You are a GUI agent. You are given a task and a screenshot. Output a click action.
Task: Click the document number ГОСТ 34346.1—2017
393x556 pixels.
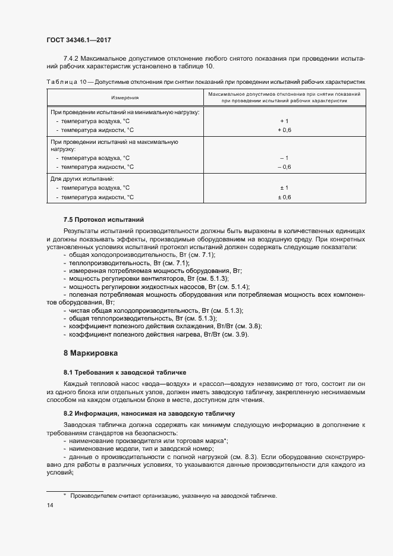tap(78, 40)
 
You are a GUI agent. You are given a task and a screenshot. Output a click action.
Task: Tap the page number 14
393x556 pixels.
tap(49, 505)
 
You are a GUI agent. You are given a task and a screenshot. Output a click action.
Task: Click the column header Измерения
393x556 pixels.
tap(125, 98)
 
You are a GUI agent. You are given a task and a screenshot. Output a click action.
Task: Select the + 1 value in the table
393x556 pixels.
tap(284, 121)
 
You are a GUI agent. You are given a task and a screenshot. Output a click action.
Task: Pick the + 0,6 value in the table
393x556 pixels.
tap(284, 130)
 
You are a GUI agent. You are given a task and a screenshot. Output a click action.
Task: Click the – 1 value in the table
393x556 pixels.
tap(284, 158)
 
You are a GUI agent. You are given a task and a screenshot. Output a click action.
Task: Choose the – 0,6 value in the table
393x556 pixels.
tap(284, 167)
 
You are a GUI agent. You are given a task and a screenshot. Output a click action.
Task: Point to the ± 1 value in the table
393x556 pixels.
tap(284, 188)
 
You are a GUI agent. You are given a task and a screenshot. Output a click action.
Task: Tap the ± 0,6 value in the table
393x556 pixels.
tap(284, 197)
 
